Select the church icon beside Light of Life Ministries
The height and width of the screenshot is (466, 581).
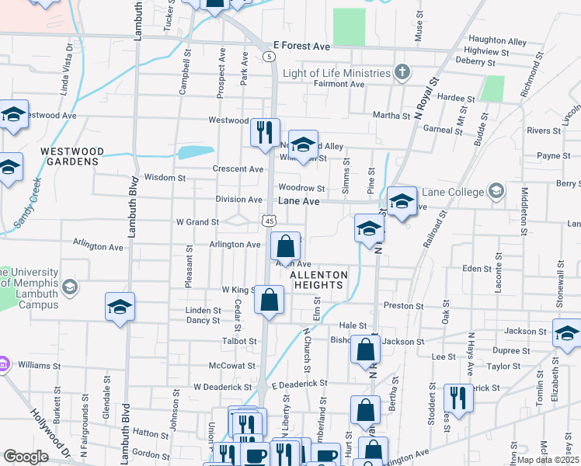[402, 73]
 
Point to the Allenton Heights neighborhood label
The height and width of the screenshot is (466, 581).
[317, 280]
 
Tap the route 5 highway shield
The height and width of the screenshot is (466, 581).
[268, 57]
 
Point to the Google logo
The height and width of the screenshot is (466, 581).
[26, 457]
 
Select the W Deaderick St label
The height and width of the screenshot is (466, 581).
[223, 386]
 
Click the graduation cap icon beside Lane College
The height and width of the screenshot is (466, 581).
[495, 190]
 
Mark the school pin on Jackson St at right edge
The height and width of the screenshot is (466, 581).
[567, 333]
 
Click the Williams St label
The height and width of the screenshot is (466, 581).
[40, 365]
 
